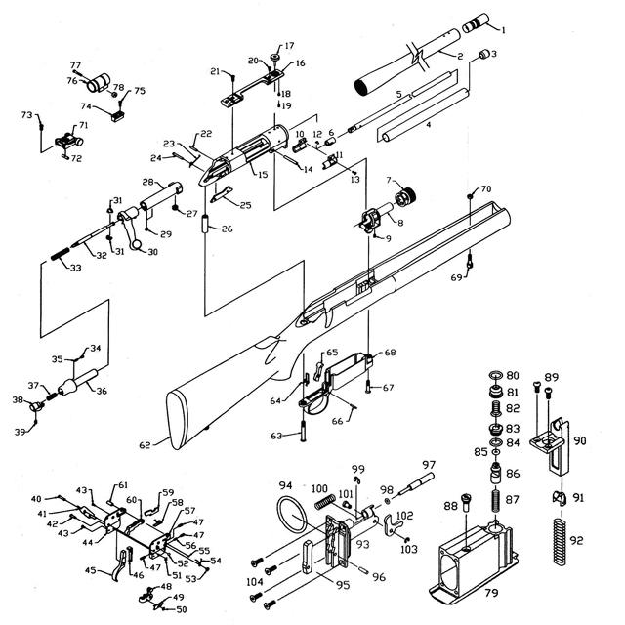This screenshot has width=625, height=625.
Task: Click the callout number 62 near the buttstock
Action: coord(145,444)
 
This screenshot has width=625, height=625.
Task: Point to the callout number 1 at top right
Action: coord(504,30)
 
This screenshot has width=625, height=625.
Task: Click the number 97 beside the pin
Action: coord(429,464)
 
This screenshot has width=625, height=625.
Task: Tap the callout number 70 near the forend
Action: coord(486,187)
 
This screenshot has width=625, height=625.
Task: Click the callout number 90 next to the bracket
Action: coord(580,440)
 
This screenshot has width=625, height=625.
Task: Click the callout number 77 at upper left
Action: coord(75,65)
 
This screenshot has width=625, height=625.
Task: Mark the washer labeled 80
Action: coord(495,375)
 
